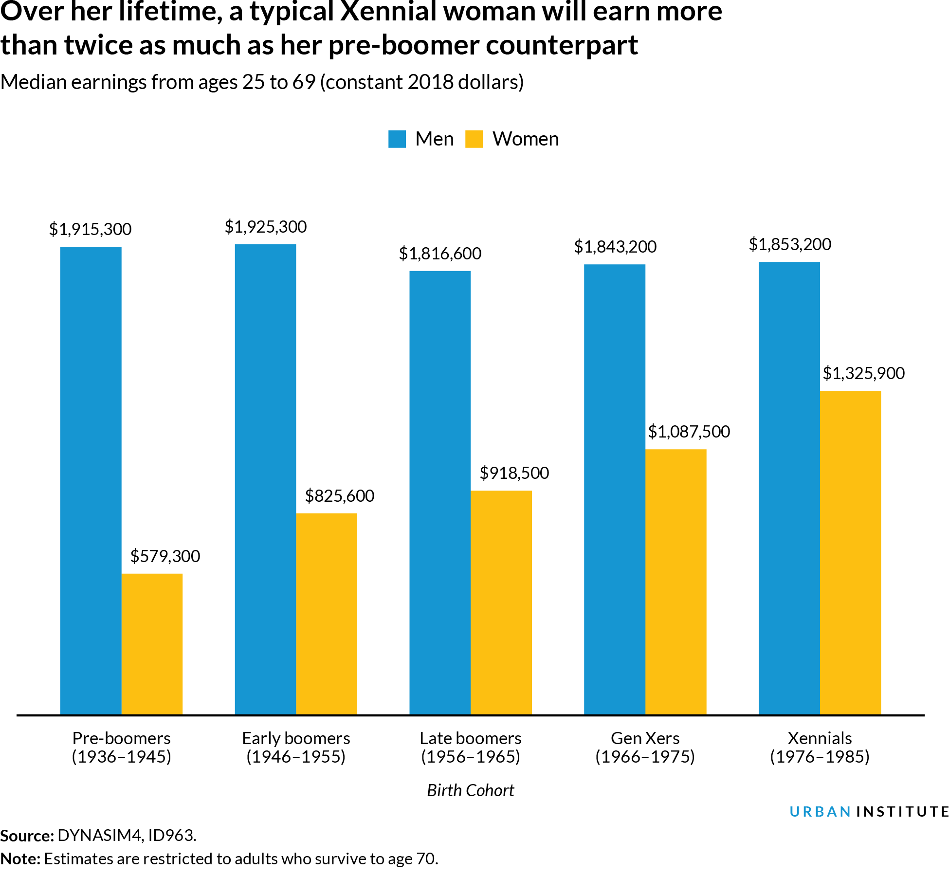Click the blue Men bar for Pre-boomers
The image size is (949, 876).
91,480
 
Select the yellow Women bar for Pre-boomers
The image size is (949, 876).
152,644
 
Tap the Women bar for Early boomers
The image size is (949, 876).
327,614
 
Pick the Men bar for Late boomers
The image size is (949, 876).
440,493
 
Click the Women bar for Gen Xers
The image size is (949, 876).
675,582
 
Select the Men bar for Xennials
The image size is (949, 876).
789,488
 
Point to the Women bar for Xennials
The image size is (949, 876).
850,552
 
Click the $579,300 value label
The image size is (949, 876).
165,556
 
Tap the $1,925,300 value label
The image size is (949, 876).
265,227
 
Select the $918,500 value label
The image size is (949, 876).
514,473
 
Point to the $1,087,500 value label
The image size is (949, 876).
689,432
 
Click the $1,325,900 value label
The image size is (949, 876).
863,373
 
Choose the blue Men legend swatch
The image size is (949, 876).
397,139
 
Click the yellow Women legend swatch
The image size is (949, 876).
474,139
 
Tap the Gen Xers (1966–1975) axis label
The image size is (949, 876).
645,748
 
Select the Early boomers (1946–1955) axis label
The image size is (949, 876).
296,748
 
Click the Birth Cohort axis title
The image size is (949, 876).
470,790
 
